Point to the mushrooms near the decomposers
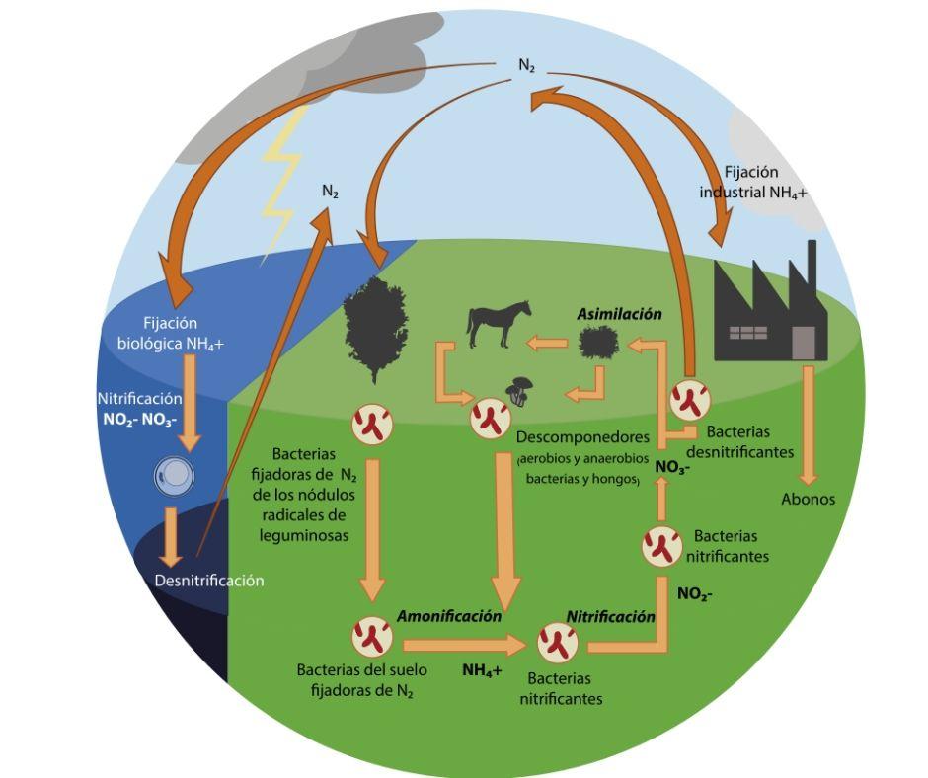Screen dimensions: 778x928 pos(520,390)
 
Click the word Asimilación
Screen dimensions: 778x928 pos(619,313)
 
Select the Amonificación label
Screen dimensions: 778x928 pos(449,615)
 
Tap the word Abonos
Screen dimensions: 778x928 pos(808,499)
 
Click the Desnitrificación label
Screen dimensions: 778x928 pos(209,580)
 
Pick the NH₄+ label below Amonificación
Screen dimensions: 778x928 pos(483,670)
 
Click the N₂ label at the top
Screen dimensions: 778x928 pos(527,65)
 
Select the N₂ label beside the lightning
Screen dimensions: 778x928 pos(330,192)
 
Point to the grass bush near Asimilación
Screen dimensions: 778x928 pos(599,344)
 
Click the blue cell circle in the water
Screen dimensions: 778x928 pos(175,476)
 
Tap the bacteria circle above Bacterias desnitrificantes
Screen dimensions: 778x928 pos(689,400)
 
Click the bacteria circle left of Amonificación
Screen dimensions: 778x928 pos(372,635)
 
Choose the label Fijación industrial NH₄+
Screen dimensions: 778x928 pos(753,183)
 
